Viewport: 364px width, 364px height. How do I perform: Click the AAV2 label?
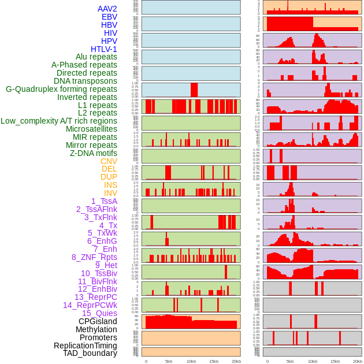107,9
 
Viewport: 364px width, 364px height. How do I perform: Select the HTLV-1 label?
104,49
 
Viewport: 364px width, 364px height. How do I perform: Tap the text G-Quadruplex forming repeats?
61,89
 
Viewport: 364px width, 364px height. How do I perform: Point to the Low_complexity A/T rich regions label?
59,121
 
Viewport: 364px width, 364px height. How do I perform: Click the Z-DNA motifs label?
94,153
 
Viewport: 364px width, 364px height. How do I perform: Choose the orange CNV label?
109,161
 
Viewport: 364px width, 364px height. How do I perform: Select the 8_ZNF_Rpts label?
94,257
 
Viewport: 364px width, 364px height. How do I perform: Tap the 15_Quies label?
99,313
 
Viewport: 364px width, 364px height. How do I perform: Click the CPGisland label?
98,321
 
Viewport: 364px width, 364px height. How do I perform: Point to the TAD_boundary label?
90,353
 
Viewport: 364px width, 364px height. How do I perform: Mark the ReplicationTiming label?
85,346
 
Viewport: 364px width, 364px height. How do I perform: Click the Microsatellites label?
91,129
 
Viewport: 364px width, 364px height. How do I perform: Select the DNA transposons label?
86,81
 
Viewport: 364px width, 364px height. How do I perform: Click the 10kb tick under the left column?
191,361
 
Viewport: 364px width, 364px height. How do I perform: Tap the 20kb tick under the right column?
357,361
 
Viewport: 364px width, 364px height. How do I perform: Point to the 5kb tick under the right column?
290,361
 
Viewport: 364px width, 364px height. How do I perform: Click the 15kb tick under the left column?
214,361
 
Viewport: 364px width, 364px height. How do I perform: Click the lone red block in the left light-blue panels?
194,90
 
